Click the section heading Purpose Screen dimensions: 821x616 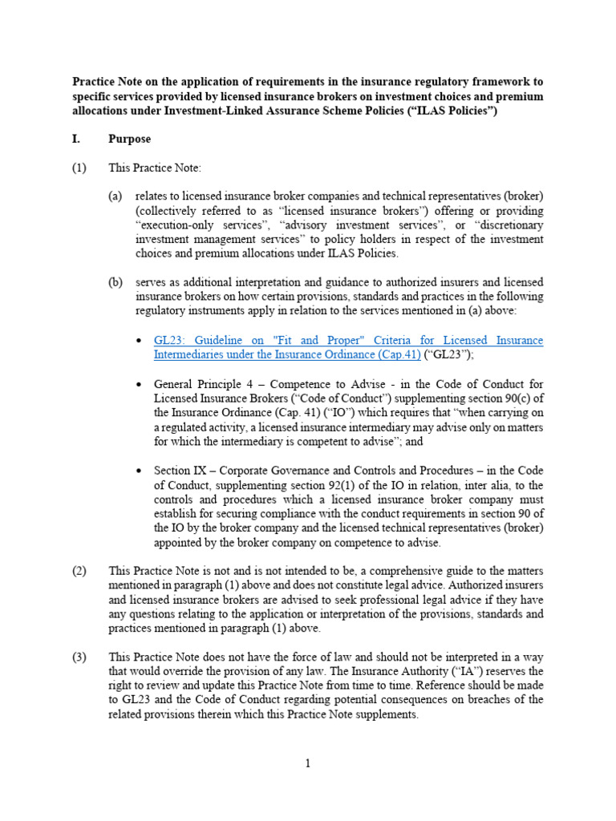[129, 139]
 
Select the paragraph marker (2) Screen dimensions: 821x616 [79, 571]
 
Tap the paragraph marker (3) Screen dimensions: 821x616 [79, 657]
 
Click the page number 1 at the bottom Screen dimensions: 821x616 [307, 764]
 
